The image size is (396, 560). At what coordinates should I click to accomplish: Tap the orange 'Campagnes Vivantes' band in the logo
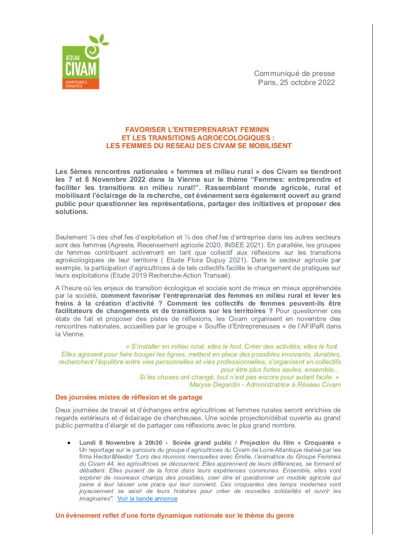point(80,84)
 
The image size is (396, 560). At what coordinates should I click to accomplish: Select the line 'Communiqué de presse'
point(294,73)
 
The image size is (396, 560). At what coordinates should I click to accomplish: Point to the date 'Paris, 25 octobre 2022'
point(296,82)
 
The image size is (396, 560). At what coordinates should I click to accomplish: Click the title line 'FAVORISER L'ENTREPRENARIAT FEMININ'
point(197,130)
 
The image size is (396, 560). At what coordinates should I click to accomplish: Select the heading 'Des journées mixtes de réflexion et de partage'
point(129,397)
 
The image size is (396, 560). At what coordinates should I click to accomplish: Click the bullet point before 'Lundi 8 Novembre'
point(69,443)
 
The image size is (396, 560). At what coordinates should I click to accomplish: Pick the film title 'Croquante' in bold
point(319,443)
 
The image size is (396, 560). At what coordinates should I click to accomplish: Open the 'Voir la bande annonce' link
point(147,499)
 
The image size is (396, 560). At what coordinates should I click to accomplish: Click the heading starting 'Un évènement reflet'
point(174,515)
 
